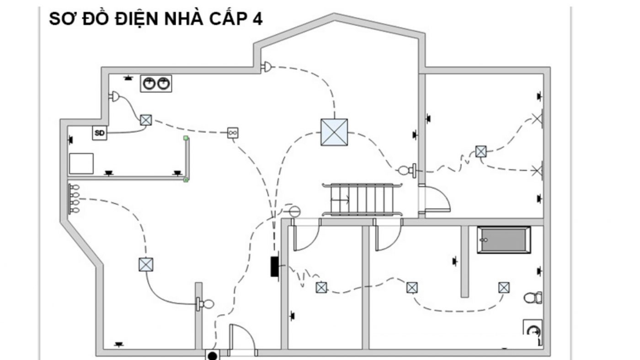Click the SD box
[x=100, y=133]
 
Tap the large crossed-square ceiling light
[x=334, y=132]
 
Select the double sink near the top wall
[x=156, y=84]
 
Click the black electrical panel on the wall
[x=275, y=266]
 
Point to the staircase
[x=362, y=200]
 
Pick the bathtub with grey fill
[x=504, y=240]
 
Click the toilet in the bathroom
[x=533, y=298]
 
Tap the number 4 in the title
[x=257, y=19]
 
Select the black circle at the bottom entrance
[x=212, y=356]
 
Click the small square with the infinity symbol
[x=233, y=133]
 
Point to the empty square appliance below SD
[x=81, y=164]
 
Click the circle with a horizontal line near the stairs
[x=294, y=212]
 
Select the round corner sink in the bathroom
[x=533, y=332]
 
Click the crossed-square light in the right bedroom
[x=481, y=151]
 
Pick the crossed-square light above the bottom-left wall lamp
[x=146, y=265]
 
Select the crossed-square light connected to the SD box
[x=146, y=120]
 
